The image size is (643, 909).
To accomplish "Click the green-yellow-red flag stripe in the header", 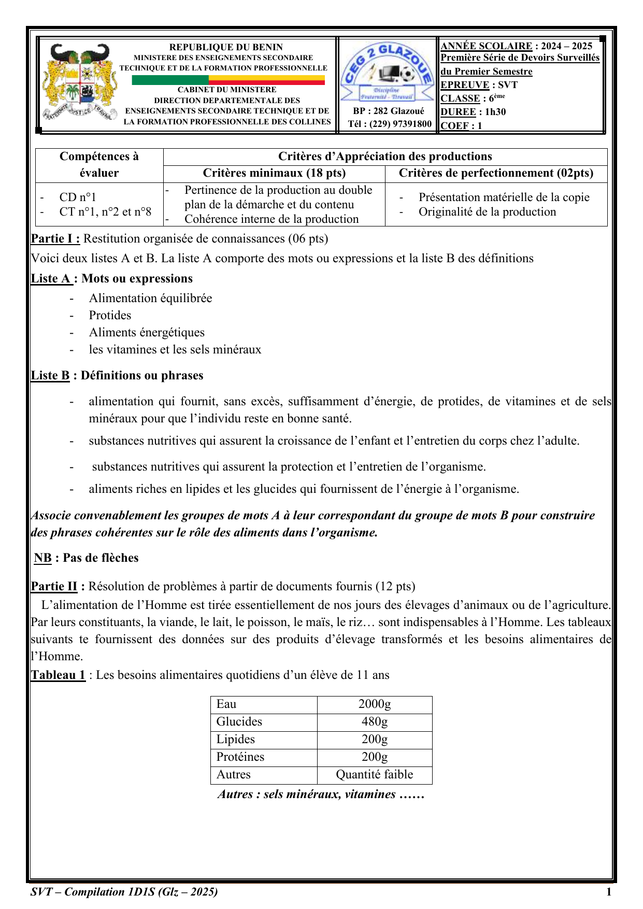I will coord(228,80).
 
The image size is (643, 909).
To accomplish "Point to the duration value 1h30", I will coord(495,112).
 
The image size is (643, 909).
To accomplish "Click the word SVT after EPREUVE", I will coord(508,85).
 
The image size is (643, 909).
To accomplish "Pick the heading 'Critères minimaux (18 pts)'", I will coord(274,173).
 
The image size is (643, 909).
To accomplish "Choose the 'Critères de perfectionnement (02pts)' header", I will coord(496,173).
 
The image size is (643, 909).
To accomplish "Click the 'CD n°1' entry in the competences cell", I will coord(78,197).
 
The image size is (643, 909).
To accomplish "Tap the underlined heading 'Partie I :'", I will coord(55,238).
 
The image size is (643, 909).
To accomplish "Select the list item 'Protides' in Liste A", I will coord(110,315).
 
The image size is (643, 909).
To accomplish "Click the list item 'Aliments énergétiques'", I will coord(147,332).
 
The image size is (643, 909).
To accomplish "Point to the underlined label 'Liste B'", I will coord(50,375).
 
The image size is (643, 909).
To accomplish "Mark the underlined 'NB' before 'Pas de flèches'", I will coord(43,558).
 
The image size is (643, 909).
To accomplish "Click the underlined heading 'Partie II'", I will coord(54,586).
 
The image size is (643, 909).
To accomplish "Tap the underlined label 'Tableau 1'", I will coord(58,675).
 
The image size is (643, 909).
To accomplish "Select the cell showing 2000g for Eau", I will coord(375,704).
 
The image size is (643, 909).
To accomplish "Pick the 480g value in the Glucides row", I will coord(375,722).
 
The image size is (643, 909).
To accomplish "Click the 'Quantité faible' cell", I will coord(375,775).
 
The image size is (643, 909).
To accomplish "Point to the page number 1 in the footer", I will coord(609,892).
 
